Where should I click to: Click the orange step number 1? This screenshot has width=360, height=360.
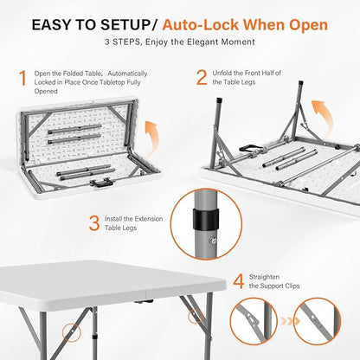tap(22, 78)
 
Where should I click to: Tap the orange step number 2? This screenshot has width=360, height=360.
tap(202, 78)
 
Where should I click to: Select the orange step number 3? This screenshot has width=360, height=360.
tap(94, 223)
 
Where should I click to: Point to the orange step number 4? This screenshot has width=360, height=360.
tap(238, 281)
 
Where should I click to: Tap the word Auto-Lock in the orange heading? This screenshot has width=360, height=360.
tap(200, 25)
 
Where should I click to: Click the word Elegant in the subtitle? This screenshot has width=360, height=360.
tap(202, 42)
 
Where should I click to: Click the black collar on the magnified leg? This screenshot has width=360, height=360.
tap(206, 219)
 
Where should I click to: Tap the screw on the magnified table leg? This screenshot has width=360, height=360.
tap(214, 240)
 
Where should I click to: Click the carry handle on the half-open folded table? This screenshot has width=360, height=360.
tap(100, 183)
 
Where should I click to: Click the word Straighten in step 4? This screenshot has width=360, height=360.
tap(264, 277)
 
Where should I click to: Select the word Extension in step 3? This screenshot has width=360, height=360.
tap(148, 219)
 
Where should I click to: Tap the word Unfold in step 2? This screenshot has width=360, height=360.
tap(222, 74)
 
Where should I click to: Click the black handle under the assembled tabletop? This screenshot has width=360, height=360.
tap(143, 301)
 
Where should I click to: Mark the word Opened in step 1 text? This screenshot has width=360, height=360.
tap(46, 92)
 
